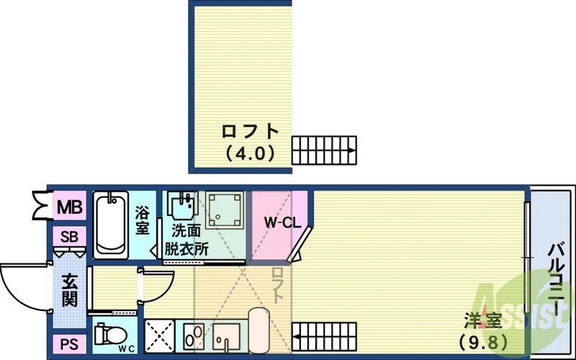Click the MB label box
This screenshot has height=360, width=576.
tap(70, 207)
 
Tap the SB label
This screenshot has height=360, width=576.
tap(70, 237)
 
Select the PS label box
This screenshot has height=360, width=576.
tap(69, 344)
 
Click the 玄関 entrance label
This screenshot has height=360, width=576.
tap(69, 289)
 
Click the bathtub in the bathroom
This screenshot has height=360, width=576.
tap(111, 223)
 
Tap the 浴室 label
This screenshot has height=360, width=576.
tap(143, 220)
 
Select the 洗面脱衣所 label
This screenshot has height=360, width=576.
tap(189, 239)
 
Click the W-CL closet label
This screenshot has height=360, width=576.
tap(281, 223)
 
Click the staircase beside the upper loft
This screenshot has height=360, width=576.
tap(323, 150)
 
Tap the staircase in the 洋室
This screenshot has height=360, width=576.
tap(325, 335)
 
